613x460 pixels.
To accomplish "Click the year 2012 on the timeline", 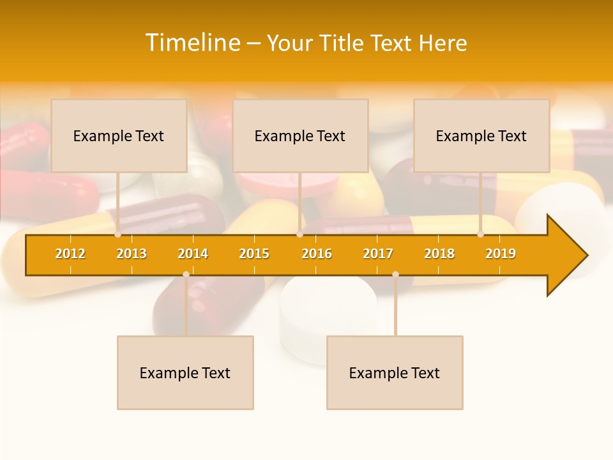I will tap(70, 254).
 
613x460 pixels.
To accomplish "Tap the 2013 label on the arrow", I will tap(132, 254).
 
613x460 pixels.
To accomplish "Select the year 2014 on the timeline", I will tap(193, 254).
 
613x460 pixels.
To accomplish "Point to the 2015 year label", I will tap(254, 254).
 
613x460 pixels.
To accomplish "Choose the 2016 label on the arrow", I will tap(317, 254).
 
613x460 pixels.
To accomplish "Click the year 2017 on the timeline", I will tap(378, 254).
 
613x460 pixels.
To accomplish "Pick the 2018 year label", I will tap(439, 254).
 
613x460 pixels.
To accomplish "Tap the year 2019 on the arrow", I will tap(501, 254).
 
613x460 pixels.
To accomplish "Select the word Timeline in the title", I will tap(192, 43).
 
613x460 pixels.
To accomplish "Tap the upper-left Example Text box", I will tap(119, 135).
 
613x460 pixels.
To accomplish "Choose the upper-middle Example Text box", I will tap(300, 135).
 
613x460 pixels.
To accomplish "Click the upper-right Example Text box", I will tap(481, 135).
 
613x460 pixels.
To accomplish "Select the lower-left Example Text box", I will tap(185, 372).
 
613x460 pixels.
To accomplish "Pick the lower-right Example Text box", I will tap(395, 372).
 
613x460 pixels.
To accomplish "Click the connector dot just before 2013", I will tap(118, 234).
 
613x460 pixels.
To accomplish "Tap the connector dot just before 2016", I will tap(299, 234).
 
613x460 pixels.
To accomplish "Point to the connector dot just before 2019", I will tap(481, 234).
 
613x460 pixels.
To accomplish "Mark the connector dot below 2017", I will tap(395, 274).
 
